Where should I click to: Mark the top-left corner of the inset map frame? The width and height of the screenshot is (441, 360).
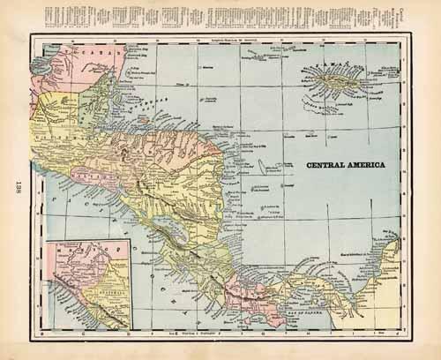pos(49,239)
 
